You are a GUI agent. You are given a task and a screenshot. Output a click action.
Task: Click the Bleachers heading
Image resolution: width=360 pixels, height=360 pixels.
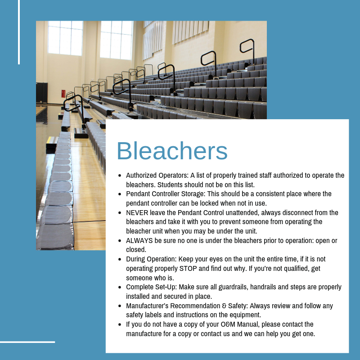[x=172, y=151]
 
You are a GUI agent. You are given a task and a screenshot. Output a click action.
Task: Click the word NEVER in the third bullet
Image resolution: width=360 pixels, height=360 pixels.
[x=137, y=212]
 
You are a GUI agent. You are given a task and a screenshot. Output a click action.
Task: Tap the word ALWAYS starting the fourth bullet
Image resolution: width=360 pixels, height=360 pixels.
[x=139, y=240]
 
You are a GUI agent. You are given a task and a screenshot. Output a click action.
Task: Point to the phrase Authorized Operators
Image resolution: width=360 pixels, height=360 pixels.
[x=157, y=175]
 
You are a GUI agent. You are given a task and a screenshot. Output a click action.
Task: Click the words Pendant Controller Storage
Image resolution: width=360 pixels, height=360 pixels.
[x=165, y=194]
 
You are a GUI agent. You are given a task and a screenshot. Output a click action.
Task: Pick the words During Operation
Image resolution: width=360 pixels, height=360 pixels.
[x=151, y=259]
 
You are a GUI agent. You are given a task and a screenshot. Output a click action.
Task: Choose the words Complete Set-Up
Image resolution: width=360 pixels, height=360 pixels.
[x=151, y=287]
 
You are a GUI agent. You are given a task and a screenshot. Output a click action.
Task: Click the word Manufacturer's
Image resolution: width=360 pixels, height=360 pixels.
[x=147, y=306]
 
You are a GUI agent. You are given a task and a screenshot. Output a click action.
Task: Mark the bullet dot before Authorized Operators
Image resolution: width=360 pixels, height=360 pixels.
[x=120, y=175]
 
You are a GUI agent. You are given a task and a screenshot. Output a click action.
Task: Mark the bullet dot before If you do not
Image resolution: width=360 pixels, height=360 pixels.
[x=120, y=324]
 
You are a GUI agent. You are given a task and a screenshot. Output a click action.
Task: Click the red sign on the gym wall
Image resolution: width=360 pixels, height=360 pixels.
[x=63, y=94]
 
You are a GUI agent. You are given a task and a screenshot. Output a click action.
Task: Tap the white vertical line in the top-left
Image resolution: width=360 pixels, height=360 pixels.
[x=19, y=32]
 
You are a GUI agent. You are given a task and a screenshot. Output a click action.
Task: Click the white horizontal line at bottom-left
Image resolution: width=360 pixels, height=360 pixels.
[x=27, y=342]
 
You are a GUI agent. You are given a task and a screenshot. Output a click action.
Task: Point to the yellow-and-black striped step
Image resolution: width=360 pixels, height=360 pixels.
[x=52, y=140]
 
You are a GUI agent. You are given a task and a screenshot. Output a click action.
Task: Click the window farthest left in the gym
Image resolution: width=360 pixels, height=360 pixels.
[x=65, y=38]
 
